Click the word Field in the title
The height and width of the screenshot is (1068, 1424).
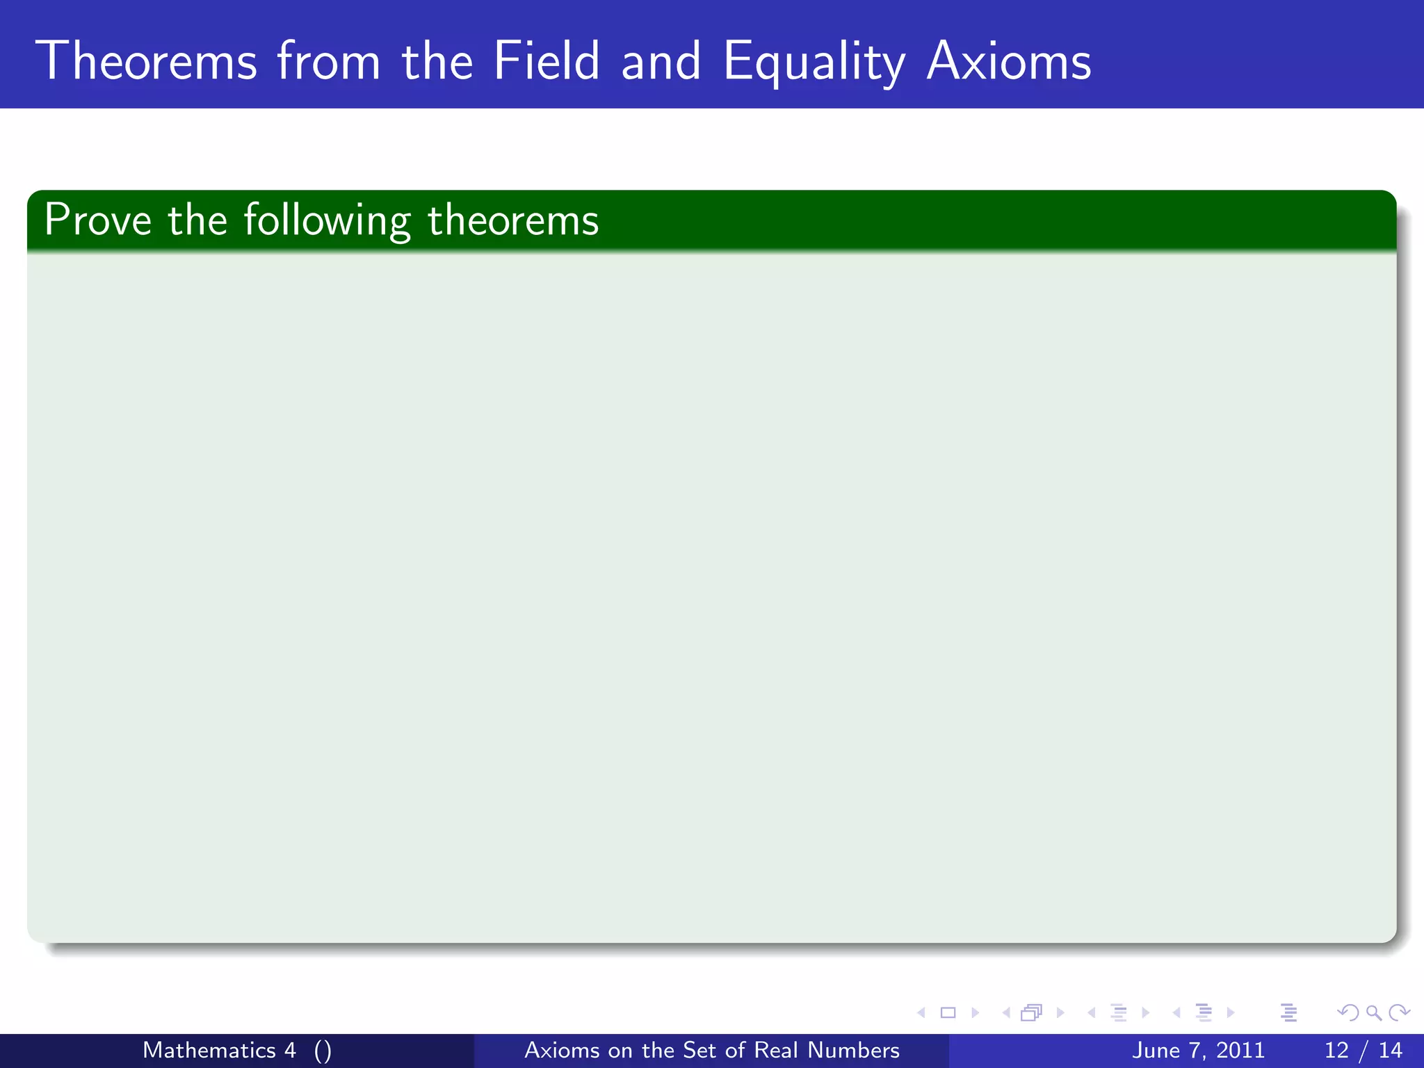tap(546, 61)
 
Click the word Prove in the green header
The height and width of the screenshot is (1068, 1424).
tap(97, 220)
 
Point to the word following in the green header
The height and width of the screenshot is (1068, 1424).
tap(327, 222)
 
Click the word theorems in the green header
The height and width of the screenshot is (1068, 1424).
tap(512, 220)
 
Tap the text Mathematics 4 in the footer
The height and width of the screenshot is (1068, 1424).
tap(219, 1050)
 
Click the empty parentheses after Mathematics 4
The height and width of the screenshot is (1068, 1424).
tap(323, 1051)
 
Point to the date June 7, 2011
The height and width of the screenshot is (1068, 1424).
tap(1198, 1050)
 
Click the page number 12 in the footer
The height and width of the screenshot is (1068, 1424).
tap(1336, 1050)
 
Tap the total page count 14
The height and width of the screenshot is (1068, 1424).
tap(1390, 1050)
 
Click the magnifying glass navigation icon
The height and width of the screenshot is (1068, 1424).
tap(1373, 1012)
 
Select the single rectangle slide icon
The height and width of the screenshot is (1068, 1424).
tap(948, 1012)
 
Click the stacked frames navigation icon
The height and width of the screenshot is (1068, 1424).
tap(1031, 1012)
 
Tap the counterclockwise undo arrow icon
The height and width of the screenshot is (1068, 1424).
tap(1348, 1012)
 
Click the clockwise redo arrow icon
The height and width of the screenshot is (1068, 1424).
tap(1399, 1012)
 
